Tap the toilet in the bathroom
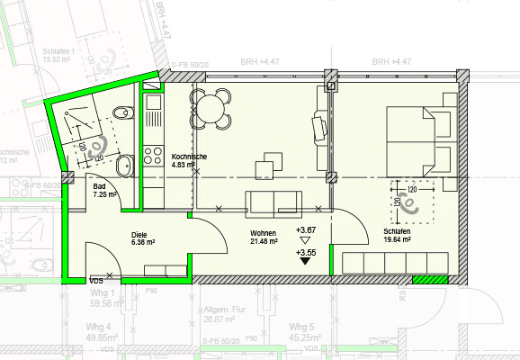pos(122,112)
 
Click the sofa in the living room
pos(274,202)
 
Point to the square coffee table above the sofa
pos(266,168)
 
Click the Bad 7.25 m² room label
pos(105,190)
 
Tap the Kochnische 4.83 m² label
pos(189,161)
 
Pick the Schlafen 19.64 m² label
pos(396,237)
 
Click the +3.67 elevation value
pos(306,229)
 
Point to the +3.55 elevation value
pos(306,254)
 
